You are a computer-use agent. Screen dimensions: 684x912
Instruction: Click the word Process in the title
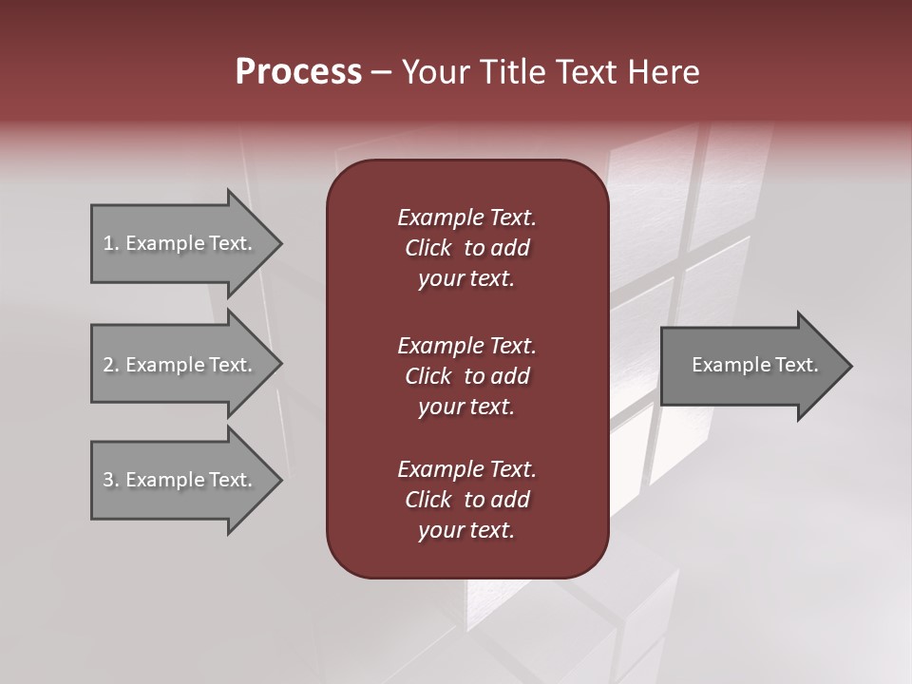[298, 72]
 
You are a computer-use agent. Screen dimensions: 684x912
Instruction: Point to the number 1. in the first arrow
[110, 243]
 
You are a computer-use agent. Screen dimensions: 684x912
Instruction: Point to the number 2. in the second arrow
[110, 365]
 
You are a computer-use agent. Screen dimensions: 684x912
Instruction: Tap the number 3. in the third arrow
[110, 480]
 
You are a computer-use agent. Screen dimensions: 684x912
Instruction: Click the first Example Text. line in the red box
[466, 218]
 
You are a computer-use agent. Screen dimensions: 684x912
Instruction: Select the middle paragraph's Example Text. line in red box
[466, 345]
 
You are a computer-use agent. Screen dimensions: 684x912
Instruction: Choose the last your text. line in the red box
[466, 530]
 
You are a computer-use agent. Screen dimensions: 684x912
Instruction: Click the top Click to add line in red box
[466, 248]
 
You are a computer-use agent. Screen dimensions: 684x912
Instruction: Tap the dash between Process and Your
[381, 72]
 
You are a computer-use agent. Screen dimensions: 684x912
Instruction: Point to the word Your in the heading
[433, 72]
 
